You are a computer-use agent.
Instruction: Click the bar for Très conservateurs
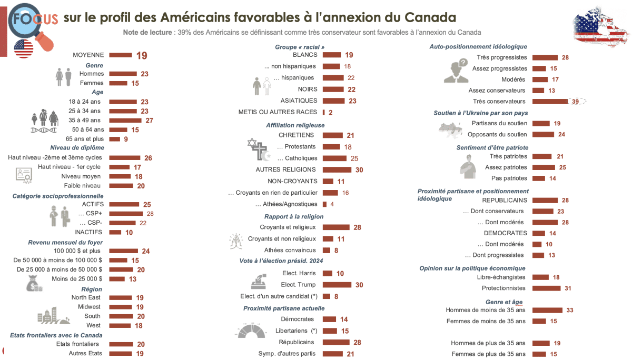pos(550,102)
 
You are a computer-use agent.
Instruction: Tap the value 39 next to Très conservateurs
pos(576,102)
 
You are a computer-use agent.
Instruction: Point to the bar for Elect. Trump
pos(337,285)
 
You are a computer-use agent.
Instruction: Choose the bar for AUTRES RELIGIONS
pos(337,169)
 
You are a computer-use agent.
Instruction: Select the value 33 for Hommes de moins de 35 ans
pos(570,311)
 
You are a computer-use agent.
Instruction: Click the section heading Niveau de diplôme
pos(77,148)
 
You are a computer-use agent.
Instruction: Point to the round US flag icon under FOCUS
pos(24,48)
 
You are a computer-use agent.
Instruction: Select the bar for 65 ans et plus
pos(114,139)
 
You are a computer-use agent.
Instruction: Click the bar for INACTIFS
pos(114,232)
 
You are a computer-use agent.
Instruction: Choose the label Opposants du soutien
pos(497,135)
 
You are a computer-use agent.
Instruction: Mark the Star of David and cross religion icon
pos(258,149)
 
